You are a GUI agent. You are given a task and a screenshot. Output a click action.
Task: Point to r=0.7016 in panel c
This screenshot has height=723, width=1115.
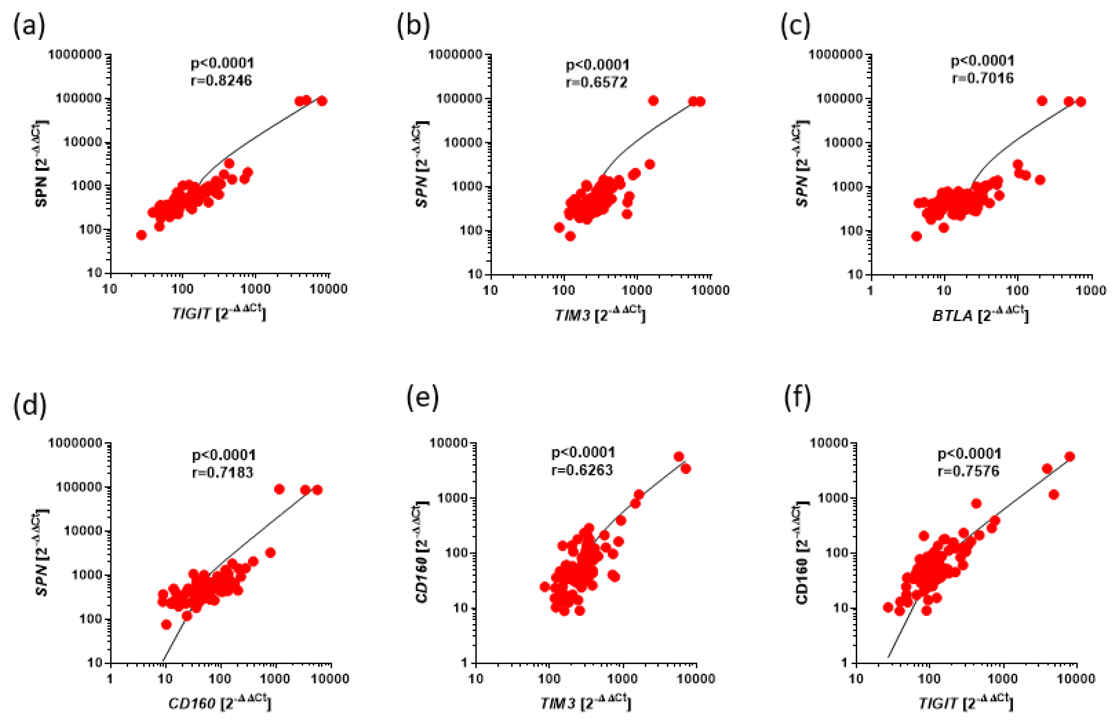click(x=982, y=78)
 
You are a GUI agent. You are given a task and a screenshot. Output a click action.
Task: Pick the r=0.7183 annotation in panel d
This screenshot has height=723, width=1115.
click(x=223, y=472)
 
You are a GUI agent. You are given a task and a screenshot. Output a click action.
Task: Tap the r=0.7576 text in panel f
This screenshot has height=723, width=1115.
click(x=968, y=471)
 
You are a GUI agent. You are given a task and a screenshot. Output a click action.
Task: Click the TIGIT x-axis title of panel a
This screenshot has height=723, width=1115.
click(x=218, y=313)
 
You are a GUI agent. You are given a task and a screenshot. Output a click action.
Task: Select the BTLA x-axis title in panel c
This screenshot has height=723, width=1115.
click(x=980, y=315)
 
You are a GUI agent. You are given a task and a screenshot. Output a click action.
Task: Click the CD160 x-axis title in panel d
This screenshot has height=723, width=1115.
click(x=219, y=702)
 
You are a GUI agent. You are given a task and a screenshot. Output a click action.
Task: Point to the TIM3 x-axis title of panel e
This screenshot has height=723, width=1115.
click(x=585, y=702)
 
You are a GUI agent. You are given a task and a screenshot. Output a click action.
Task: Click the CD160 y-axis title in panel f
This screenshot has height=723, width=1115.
click(x=802, y=555)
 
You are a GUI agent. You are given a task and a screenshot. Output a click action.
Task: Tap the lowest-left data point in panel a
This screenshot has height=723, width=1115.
click(x=141, y=235)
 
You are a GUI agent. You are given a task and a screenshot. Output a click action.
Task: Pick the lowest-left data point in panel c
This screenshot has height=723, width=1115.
click(x=916, y=236)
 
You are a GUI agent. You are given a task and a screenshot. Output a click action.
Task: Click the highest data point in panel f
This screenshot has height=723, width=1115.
click(x=1070, y=456)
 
